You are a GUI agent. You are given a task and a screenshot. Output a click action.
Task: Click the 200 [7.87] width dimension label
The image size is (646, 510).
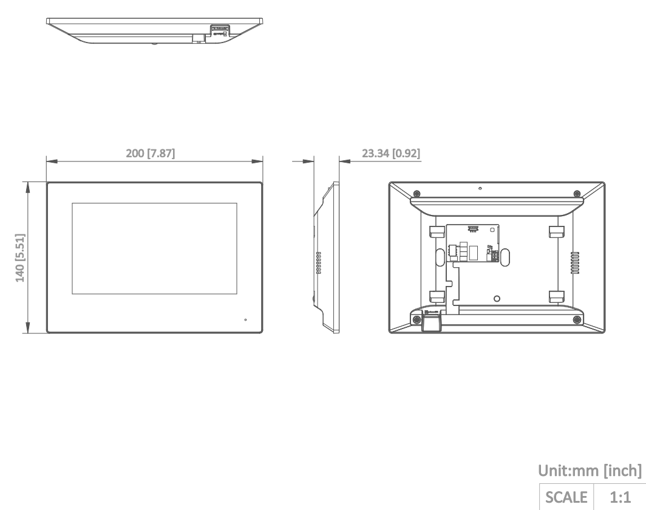pyautogui.click(x=150, y=154)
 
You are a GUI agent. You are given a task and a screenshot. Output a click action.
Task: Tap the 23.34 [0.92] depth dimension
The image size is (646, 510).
pyautogui.click(x=391, y=154)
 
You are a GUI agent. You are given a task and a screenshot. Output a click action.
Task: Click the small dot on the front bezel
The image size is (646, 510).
pyautogui.click(x=246, y=319)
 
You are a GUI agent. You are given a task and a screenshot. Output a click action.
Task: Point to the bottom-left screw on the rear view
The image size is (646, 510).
pyautogui.click(x=416, y=319)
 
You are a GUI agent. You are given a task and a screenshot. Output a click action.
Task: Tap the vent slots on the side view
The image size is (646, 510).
pyautogui.click(x=318, y=263)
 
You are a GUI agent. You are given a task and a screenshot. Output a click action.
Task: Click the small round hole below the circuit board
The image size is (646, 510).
pyautogui.click(x=496, y=298)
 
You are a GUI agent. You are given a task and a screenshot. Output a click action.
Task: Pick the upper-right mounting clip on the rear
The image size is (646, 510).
pyautogui.click(x=556, y=231)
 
